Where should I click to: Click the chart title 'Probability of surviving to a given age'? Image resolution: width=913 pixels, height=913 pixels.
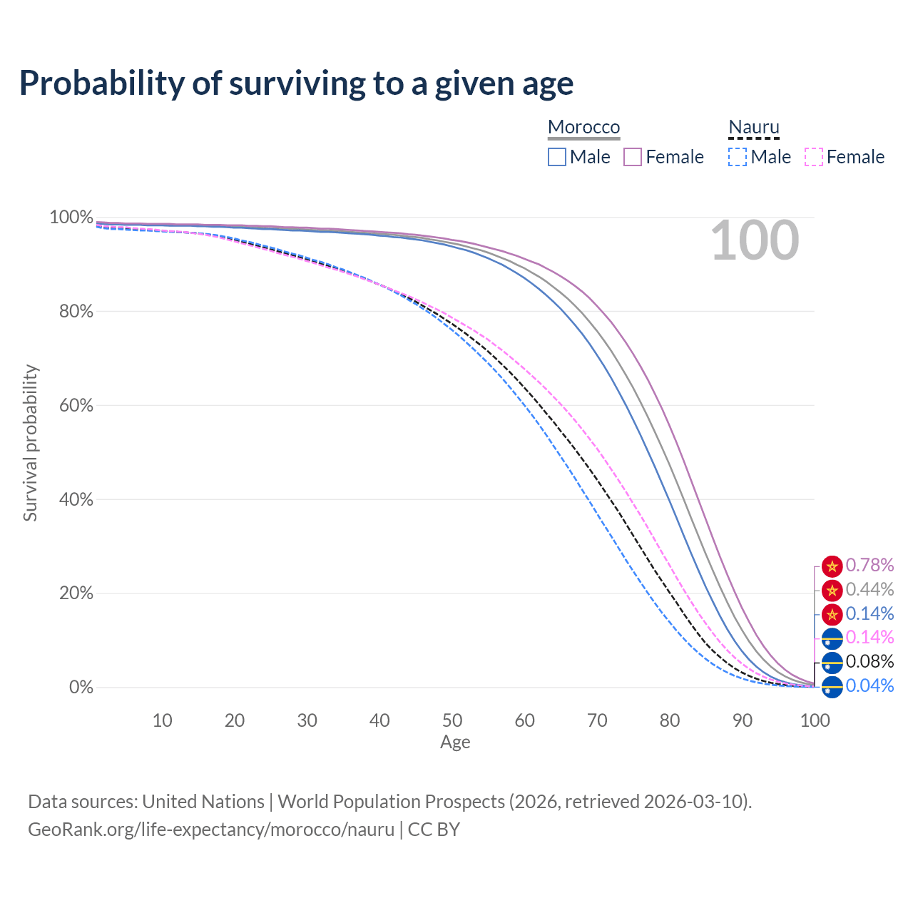point(296,83)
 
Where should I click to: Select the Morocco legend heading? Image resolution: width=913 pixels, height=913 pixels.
point(583,127)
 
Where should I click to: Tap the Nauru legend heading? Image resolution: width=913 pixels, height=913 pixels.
point(754,127)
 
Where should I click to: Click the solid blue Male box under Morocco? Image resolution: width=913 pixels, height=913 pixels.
point(556,157)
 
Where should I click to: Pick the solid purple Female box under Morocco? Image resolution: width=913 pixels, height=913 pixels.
point(633,157)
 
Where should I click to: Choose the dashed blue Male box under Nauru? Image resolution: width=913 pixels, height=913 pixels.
point(738,157)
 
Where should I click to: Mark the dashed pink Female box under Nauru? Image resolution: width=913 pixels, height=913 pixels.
point(814,157)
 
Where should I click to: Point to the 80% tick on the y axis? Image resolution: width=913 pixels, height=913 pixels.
point(76,311)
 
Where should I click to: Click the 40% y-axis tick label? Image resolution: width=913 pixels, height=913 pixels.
point(76,499)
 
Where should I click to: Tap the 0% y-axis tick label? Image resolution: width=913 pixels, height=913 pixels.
point(81,687)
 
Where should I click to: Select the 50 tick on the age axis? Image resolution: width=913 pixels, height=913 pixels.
point(452,720)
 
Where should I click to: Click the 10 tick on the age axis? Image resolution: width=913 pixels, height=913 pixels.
point(162,720)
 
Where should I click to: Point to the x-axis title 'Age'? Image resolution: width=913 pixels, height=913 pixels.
point(455,743)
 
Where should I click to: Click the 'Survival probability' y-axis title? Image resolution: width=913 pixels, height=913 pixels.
point(31,442)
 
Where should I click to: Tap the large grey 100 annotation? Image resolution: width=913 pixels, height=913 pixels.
point(755,240)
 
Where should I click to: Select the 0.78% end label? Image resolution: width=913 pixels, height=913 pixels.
point(869,565)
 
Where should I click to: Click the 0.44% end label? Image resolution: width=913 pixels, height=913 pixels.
point(869,589)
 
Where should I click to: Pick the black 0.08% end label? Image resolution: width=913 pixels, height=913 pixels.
point(869,661)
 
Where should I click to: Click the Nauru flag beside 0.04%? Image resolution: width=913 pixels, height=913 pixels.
point(832,687)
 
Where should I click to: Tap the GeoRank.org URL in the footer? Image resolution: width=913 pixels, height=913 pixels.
point(211,830)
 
